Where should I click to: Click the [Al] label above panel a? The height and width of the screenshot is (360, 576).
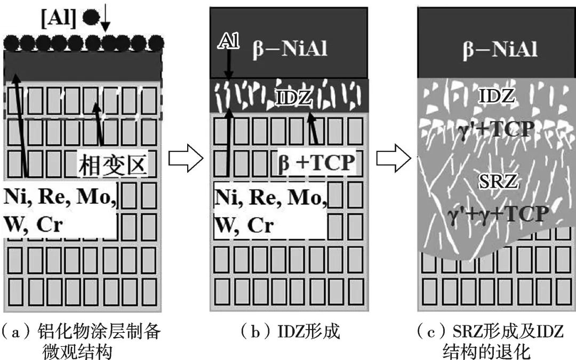(59, 17)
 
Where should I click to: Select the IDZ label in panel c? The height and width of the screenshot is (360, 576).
(496, 98)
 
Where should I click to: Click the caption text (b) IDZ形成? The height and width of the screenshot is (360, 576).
(291, 332)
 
